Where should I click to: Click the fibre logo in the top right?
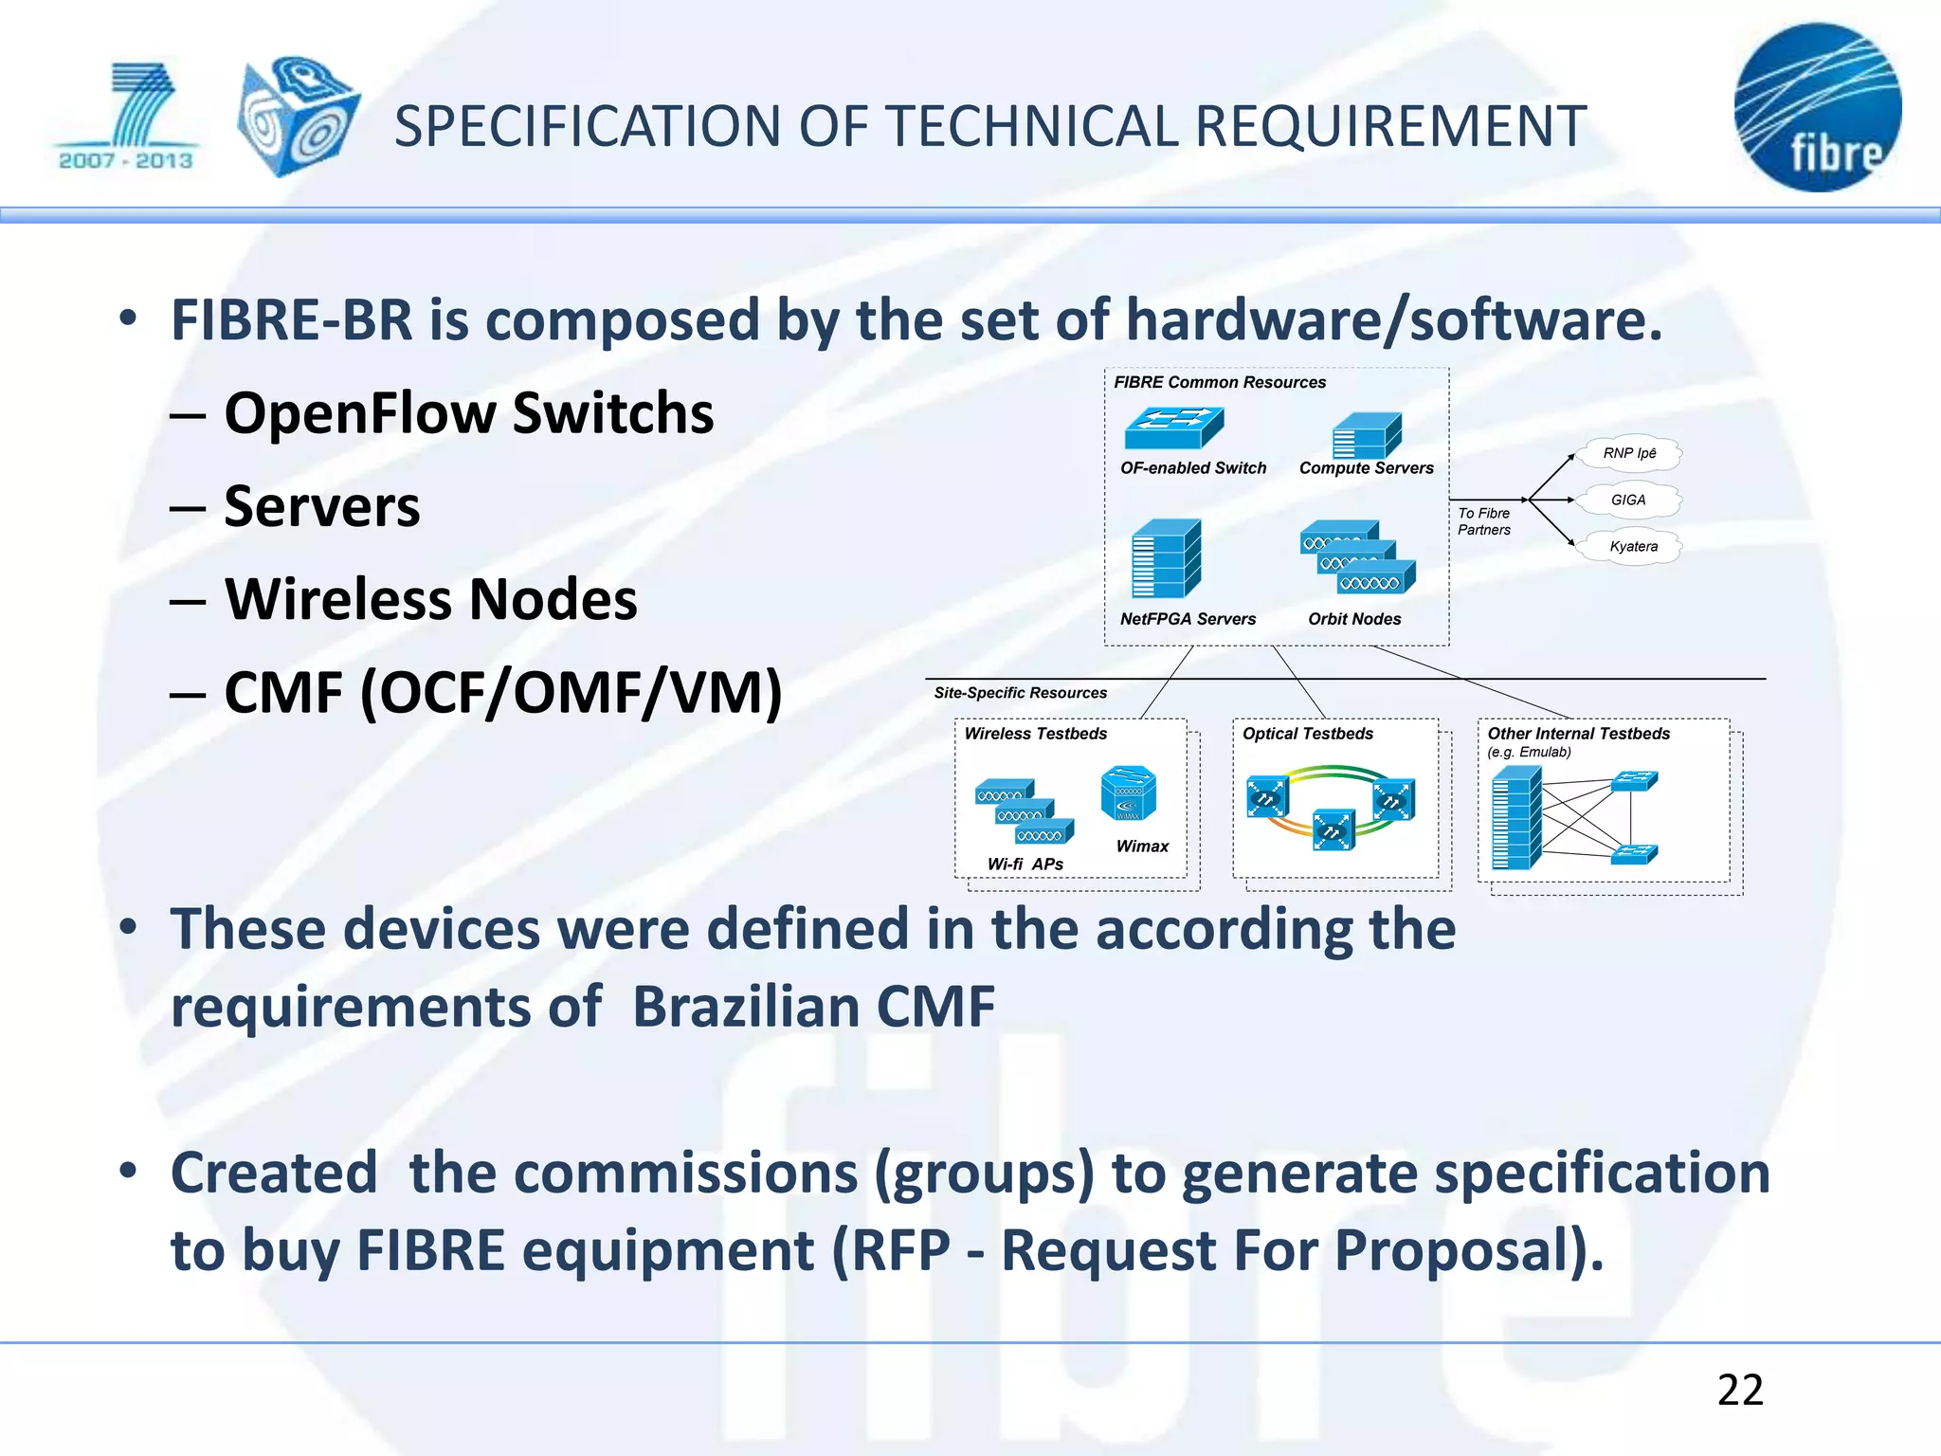point(1817,107)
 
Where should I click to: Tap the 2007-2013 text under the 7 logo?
point(126,161)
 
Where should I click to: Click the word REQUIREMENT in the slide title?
point(1390,126)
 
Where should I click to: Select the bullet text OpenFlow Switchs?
point(468,413)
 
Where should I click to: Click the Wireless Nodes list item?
point(430,600)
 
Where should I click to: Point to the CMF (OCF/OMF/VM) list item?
point(502,693)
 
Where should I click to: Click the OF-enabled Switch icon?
point(1174,428)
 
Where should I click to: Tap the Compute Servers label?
point(1366,468)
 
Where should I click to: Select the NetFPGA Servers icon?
point(1166,558)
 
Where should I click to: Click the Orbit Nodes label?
point(1353,619)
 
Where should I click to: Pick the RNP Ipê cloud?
point(1629,453)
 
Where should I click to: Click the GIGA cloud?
point(1628,500)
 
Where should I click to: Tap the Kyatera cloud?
point(1632,546)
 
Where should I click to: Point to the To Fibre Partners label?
point(1483,521)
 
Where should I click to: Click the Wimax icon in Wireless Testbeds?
point(1128,793)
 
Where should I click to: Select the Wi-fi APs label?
point(1025,864)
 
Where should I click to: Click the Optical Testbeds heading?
point(1307,734)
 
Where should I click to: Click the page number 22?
point(1740,1391)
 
